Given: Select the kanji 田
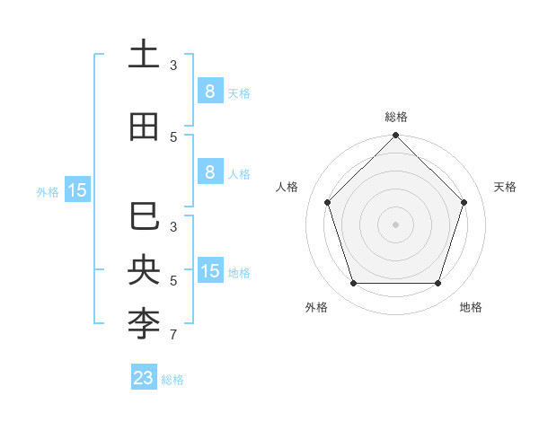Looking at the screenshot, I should pyautogui.click(x=144, y=127).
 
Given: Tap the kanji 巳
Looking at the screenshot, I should pyautogui.click(x=144, y=217).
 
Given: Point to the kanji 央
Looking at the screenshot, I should pyautogui.click(x=144, y=271).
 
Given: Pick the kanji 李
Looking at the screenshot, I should pyautogui.click(x=144, y=324).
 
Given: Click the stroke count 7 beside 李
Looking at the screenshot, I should pyautogui.click(x=173, y=336).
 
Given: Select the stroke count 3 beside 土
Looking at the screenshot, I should pyautogui.click(x=173, y=65).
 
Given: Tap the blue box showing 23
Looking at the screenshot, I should pyautogui.click(x=144, y=378).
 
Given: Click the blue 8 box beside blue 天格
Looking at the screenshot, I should pyautogui.click(x=209, y=91).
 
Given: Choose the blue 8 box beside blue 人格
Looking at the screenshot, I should pyautogui.click(x=209, y=172).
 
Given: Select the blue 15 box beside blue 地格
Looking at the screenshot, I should pyautogui.click(x=209, y=270).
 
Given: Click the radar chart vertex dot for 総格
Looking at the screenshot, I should pyautogui.click(x=395, y=136).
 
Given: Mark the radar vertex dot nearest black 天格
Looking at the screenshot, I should pyautogui.click(x=464, y=202).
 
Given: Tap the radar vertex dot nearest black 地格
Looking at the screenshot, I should pyautogui.click(x=437, y=283).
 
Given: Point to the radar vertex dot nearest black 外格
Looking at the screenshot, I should pyautogui.click(x=353, y=283).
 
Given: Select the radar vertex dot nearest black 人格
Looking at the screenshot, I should pyautogui.click(x=327, y=202).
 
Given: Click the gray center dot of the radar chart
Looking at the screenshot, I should pyautogui.click(x=395, y=224).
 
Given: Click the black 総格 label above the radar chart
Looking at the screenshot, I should pyautogui.click(x=395, y=117).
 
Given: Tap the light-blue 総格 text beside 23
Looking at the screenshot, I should pyautogui.click(x=172, y=380).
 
